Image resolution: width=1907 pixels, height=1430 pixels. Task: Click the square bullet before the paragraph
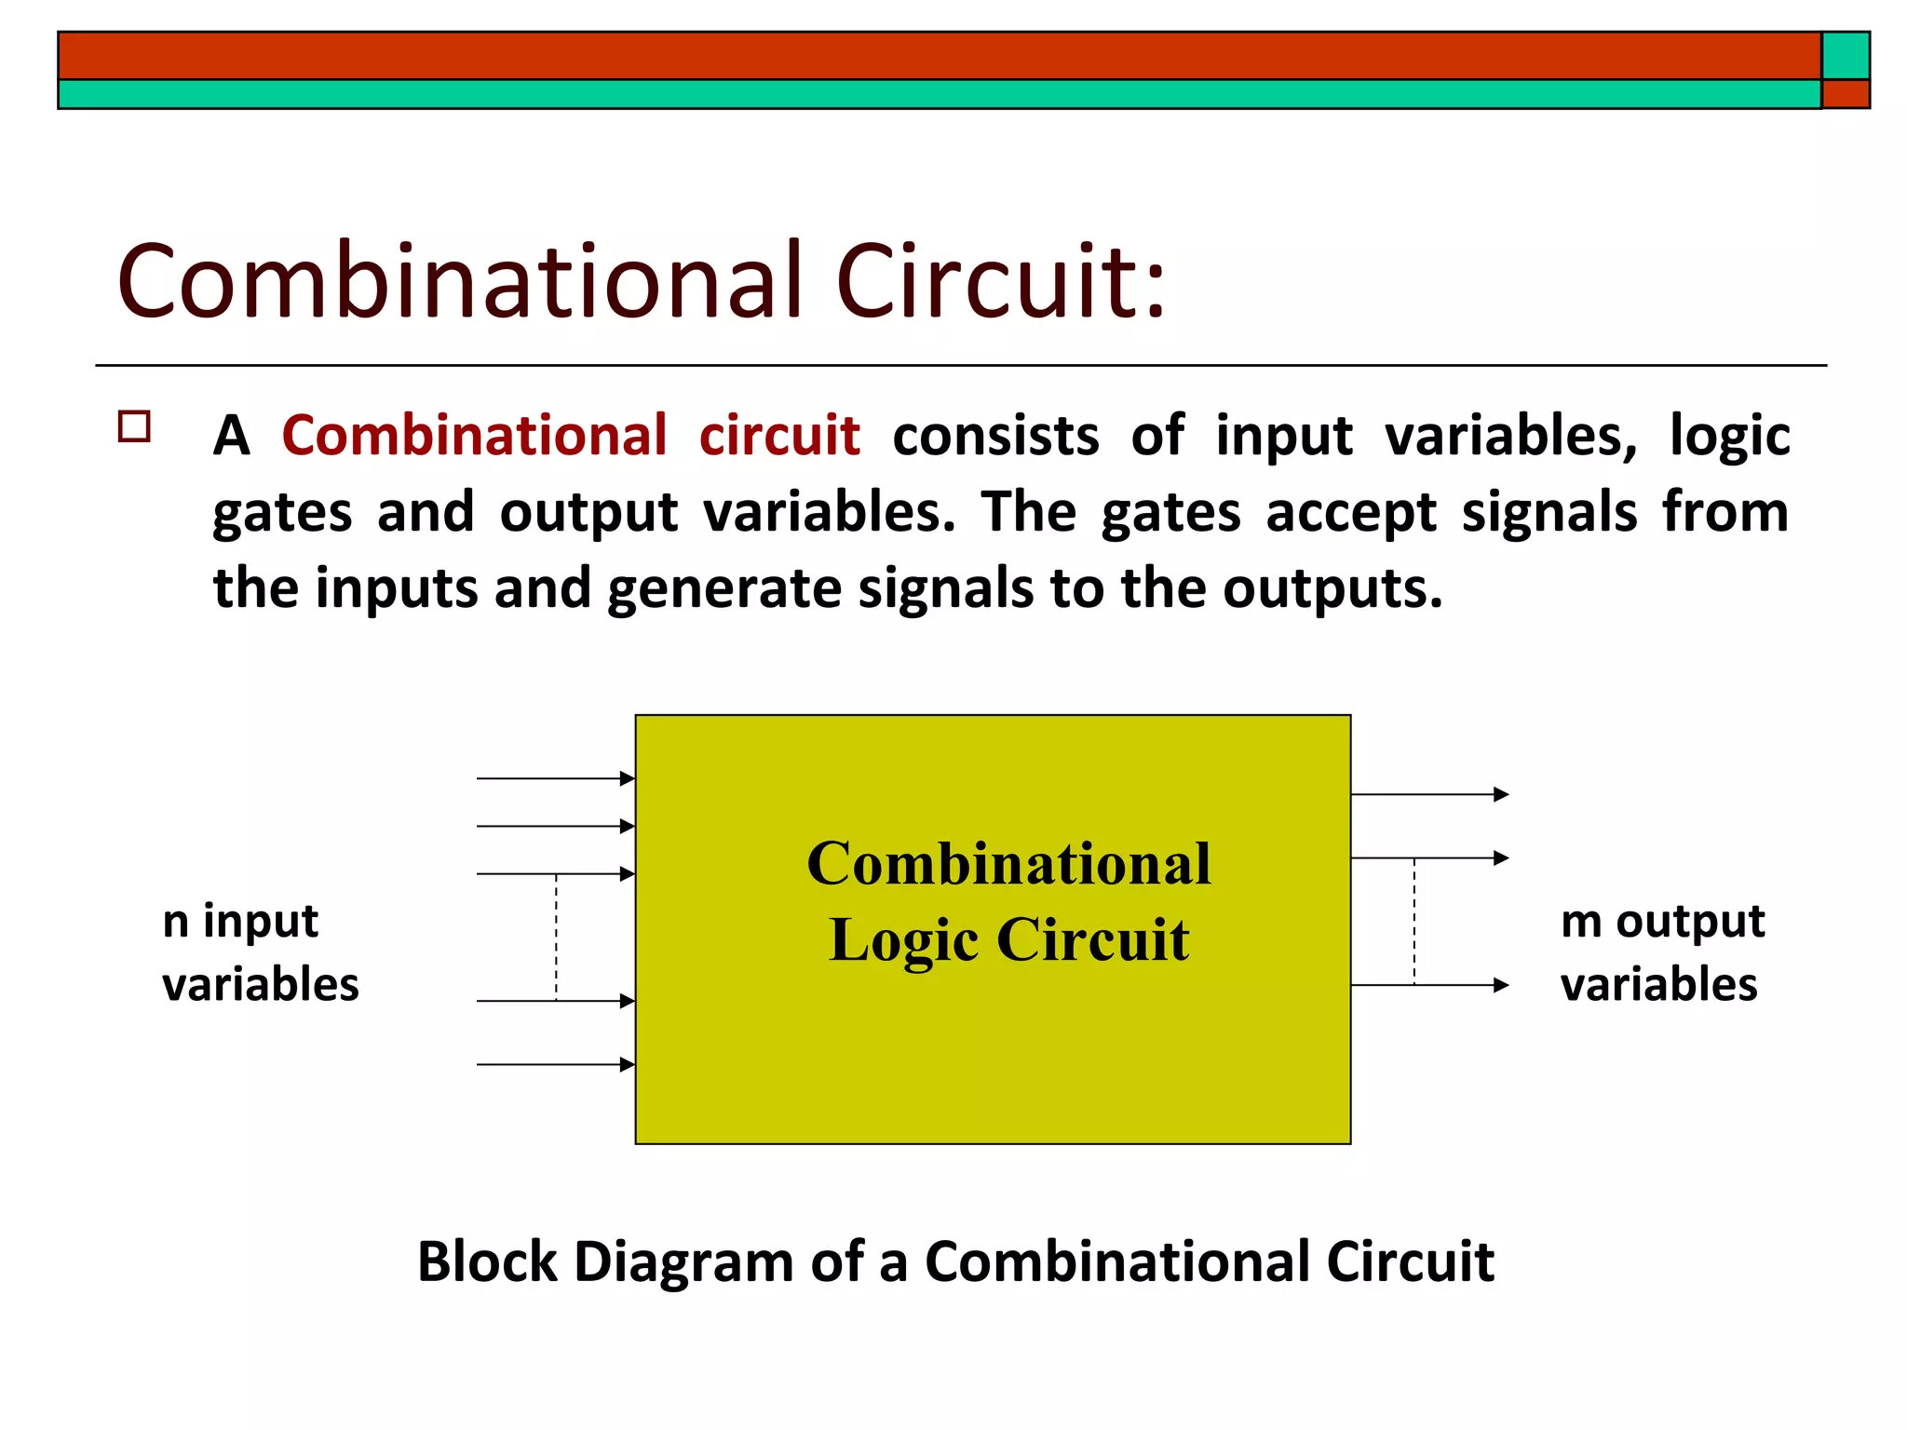[x=135, y=426]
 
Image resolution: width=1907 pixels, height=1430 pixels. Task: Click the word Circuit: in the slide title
[x=1000, y=281]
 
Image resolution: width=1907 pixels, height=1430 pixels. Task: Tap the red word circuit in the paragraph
[x=779, y=435]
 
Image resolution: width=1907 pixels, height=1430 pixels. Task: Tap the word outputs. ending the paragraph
[x=1332, y=589]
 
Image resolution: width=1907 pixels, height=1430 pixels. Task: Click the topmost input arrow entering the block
[x=556, y=778]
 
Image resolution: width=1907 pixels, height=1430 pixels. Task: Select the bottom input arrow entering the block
[x=556, y=1064]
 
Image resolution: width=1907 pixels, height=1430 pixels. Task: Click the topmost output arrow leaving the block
[x=1429, y=794]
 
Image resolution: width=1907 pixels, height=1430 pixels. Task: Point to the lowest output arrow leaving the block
[x=1429, y=985]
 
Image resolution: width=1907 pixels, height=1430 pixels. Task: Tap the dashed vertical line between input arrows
[x=557, y=938]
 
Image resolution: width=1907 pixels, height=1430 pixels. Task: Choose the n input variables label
[x=260, y=952]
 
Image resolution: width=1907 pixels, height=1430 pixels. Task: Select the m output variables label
[x=1661, y=952]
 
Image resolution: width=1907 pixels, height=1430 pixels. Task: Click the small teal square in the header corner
[x=1846, y=56]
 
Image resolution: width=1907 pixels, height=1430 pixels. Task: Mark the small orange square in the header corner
[x=1846, y=94]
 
